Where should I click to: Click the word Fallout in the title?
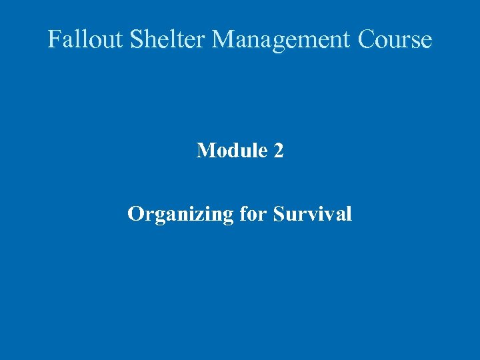pyautogui.click(x=85, y=39)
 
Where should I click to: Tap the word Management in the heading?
pyautogui.click(x=281, y=40)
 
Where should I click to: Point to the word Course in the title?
pyautogui.click(x=395, y=39)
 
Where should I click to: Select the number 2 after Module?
pyautogui.click(x=279, y=151)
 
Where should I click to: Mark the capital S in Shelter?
pyautogui.click(x=136, y=39)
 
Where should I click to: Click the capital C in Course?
pyautogui.click(x=367, y=39)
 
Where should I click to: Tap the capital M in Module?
pyautogui.click(x=205, y=151)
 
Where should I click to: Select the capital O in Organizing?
pyautogui.click(x=135, y=214)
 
